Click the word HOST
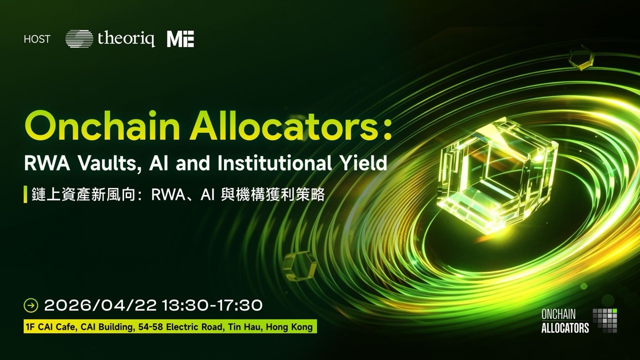(37, 39)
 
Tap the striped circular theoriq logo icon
(79, 38)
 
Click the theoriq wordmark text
(126, 38)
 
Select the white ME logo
(180, 39)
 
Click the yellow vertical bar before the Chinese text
(25, 194)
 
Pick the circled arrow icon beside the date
(31, 305)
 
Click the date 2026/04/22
(100, 305)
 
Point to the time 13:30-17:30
(212, 305)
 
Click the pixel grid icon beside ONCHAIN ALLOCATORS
(605, 320)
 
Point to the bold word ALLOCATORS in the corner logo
(565, 328)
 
